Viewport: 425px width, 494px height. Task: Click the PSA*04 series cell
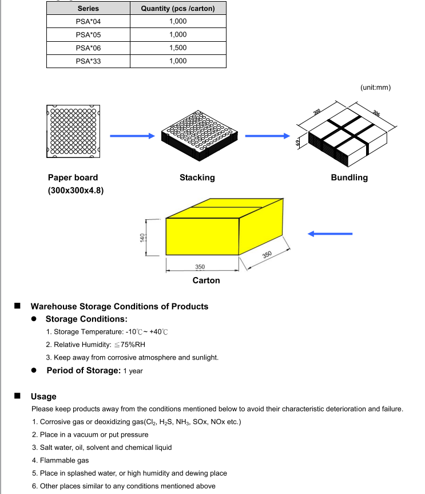click(x=88, y=21)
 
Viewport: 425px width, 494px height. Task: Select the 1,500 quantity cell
click(x=178, y=48)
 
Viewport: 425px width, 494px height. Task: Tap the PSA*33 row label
click(x=88, y=61)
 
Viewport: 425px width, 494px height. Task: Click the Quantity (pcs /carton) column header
click(x=178, y=9)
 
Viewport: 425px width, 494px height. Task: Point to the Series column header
click(x=88, y=9)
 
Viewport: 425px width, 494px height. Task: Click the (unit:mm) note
click(x=375, y=88)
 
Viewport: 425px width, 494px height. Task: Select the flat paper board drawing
click(x=73, y=131)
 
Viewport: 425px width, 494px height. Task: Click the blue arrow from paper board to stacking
click(x=132, y=136)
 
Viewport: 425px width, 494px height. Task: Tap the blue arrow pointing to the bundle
click(x=268, y=136)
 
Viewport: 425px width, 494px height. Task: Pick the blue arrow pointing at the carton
click(x=330, y=234)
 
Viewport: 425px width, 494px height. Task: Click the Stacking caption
click(x=197, y=177)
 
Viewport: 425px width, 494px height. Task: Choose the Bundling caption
click(x=349, y=177)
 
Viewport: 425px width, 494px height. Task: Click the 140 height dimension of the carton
click(x=142, y=237)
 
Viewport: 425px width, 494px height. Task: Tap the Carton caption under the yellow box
click(x=206, y=280)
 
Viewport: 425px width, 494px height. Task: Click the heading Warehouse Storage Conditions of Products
click(x=119, y=306)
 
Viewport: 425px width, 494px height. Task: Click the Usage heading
click(x=43, y=396)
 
